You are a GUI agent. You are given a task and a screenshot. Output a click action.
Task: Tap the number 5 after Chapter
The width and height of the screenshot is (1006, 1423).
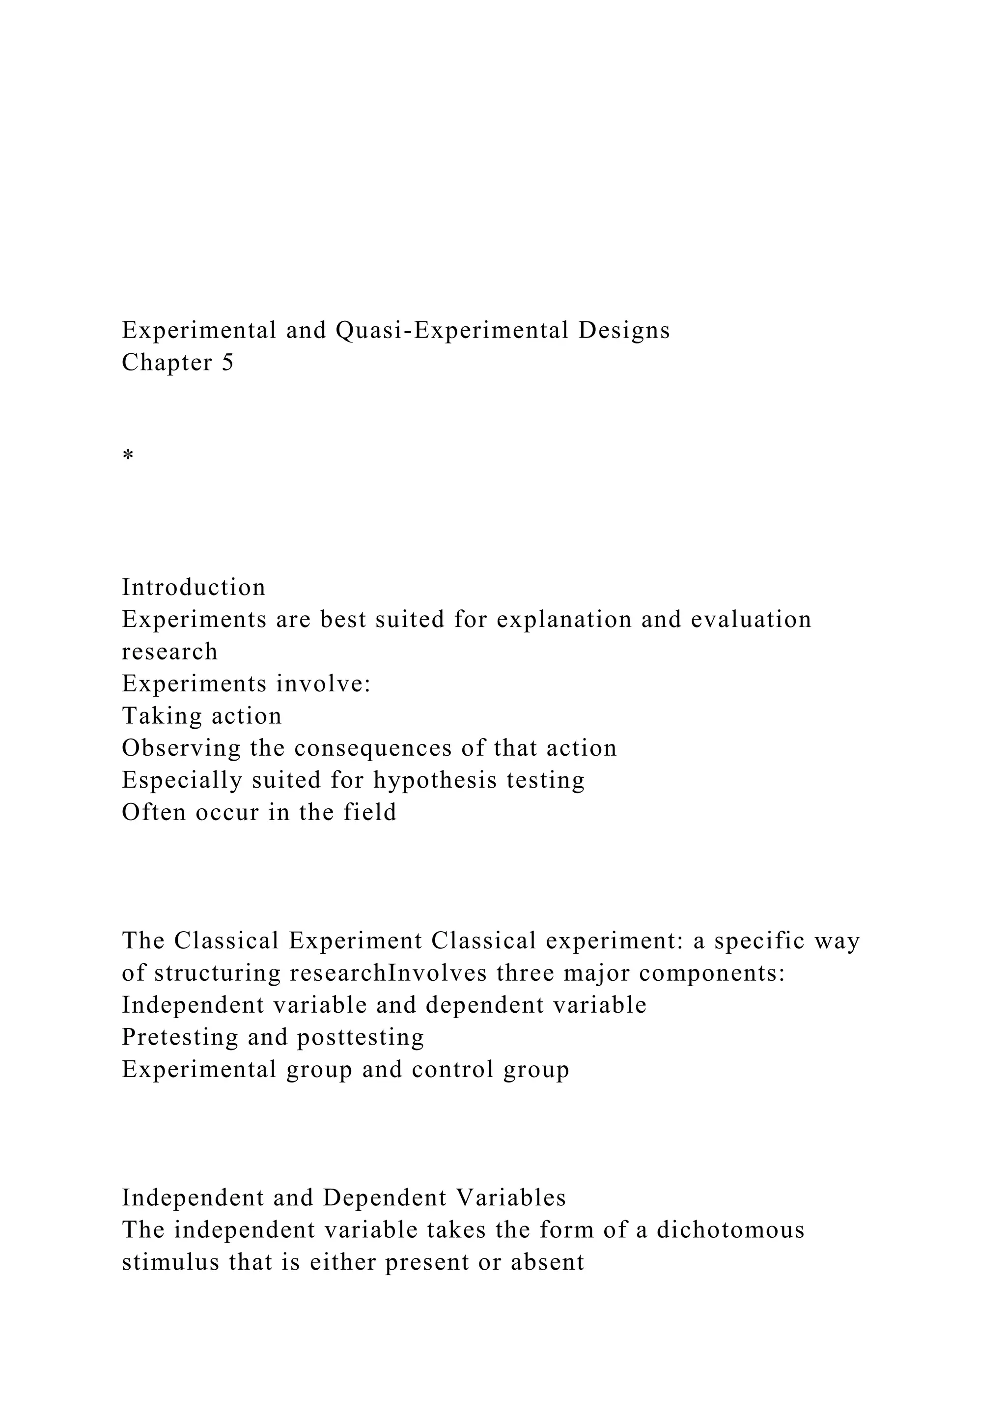(227, 363)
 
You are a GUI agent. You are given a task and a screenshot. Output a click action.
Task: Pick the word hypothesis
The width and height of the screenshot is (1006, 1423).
(436, 780)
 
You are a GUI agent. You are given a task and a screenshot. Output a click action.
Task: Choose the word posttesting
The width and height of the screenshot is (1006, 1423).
(361, 1037)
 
